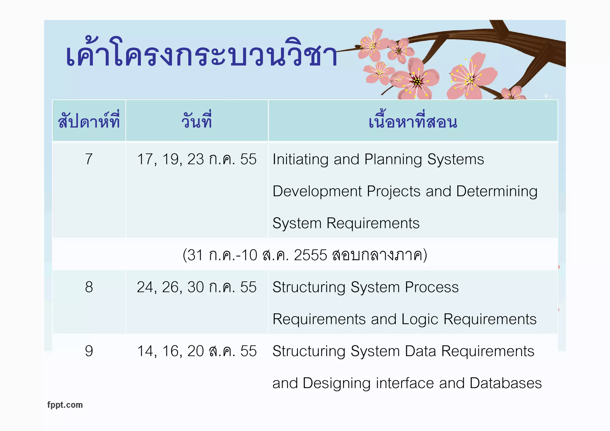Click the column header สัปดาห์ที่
89,121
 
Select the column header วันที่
197,121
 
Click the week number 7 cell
89,159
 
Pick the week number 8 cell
89,287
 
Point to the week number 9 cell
89,351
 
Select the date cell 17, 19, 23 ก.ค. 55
197,159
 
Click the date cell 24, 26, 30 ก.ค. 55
197,287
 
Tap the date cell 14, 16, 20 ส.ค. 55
197,351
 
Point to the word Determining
497,192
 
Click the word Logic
420,320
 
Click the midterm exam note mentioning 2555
305,255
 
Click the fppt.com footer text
65,405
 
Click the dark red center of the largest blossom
417,81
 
